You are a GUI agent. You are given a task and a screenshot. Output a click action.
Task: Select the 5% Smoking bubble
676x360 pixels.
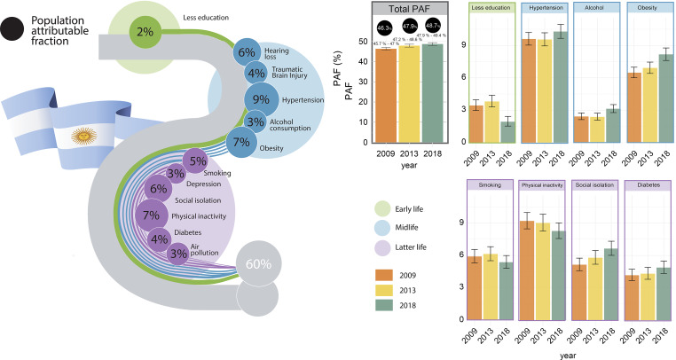click(197, 161)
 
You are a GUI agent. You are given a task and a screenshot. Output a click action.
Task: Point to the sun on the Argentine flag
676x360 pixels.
click(86, 137)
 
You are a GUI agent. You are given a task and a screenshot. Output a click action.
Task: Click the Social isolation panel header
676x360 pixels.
click(598, 187)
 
